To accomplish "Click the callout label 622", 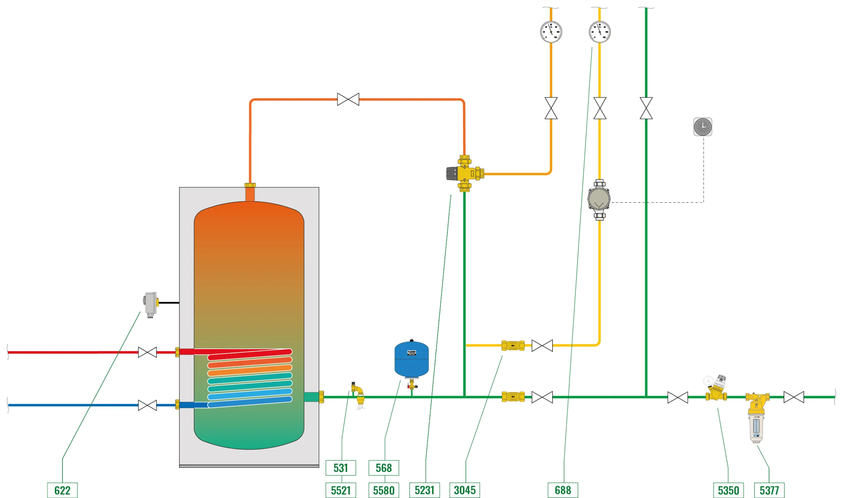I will [62, 490].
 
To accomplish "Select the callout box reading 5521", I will [341, 490].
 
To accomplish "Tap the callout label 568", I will [384, 467].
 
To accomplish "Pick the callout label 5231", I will [424, 490].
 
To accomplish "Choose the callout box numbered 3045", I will [464, 490].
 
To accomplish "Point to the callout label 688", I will [563, 490].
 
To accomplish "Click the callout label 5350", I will [728, 490].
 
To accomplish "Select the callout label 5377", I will [769, 490].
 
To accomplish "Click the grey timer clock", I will [702, 127].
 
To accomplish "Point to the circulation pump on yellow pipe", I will [599, 199].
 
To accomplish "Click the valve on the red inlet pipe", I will [147, 352].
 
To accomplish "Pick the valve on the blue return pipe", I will [147, 405].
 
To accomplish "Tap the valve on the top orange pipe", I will [348, 99].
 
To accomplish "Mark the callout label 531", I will [341, 467].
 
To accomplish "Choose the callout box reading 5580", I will [384, 490].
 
